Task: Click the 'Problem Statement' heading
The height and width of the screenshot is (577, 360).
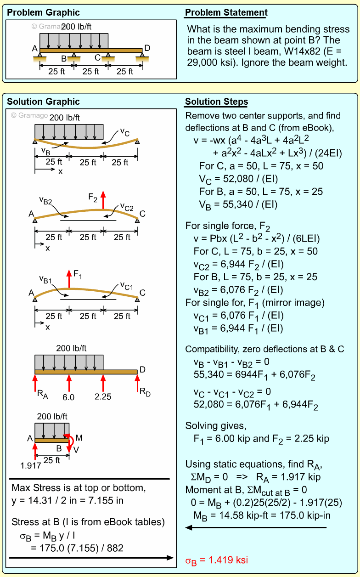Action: coord(226,13)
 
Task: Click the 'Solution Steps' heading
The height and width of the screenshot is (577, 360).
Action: coord(216,102)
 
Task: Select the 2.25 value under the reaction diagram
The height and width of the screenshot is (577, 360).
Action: coord(103,396)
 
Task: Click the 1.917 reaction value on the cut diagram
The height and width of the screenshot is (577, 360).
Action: coord(31,465)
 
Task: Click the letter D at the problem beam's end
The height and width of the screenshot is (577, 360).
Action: coord(147,48)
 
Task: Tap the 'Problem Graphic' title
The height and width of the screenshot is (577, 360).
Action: coord(43,13)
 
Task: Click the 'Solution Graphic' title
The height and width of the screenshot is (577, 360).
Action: coord(43,102)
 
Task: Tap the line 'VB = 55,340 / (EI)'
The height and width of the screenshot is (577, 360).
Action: coord(238,204)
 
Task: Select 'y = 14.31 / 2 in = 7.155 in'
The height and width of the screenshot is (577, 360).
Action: coord(67,500)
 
